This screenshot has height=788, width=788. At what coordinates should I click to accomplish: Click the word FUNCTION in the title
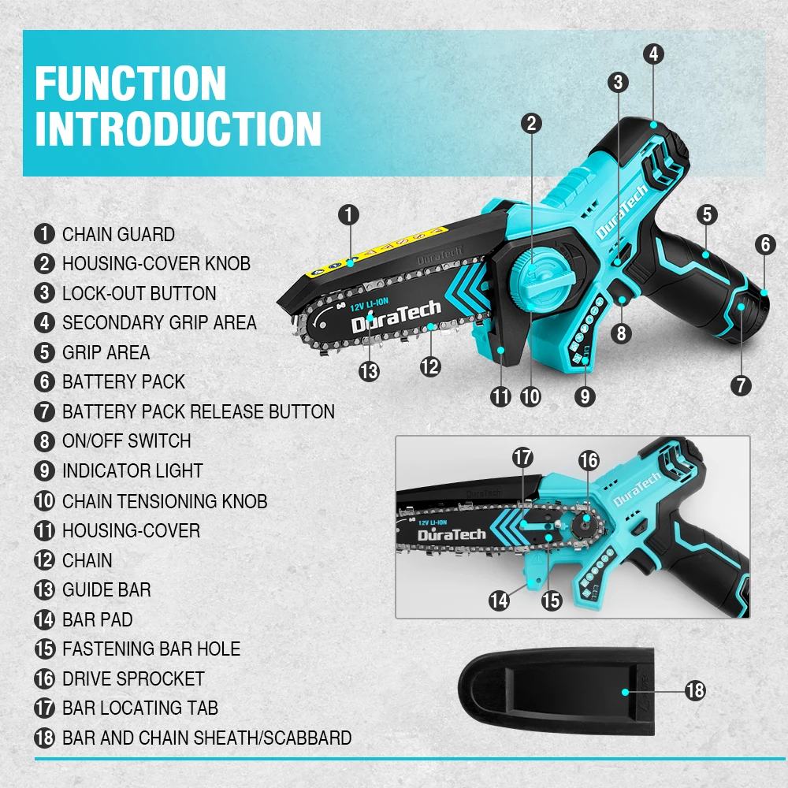pos(131,84)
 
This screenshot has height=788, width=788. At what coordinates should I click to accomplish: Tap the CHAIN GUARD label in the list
pos(118,234)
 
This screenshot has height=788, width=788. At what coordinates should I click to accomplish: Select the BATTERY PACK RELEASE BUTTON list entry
pos(198,411)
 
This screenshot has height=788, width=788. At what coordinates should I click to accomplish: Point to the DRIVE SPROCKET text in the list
pos(133,678)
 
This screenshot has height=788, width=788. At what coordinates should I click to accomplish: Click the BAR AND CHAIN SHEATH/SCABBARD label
pos(206,738)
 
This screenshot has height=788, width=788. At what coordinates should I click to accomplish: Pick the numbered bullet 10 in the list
pos(44,501)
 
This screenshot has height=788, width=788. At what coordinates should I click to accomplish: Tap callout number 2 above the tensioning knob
pos(531,123)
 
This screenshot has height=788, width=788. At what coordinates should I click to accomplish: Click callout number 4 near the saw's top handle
pos(653,54)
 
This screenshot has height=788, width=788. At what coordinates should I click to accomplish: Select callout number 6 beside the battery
pos(765,244)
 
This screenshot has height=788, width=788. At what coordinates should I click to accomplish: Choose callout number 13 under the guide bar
pos(369,370)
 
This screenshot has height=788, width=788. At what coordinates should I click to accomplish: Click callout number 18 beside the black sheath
pos(694,691)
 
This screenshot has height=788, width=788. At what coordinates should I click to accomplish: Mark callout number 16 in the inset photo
pos(589,459)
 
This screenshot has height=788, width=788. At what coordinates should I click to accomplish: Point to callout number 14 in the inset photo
pos(499,600)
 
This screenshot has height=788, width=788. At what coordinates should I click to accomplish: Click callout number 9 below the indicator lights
pos(584,396)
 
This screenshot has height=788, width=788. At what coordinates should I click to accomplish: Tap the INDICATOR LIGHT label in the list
pos(132,471)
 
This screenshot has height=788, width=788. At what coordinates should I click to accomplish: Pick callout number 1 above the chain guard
pos(350,214)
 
